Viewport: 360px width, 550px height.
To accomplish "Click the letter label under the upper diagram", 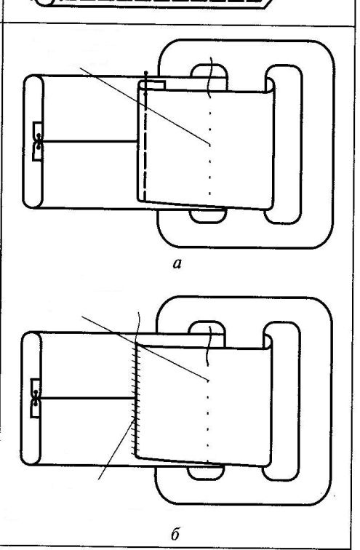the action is click(177, 263).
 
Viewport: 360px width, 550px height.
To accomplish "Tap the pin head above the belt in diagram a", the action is click(146, 73).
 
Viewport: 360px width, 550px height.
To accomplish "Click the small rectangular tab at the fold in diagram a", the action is click(152, 85).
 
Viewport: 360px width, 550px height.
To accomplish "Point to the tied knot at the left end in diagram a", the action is click(38, 141).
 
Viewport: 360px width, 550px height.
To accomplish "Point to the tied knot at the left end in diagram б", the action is click(36, 398).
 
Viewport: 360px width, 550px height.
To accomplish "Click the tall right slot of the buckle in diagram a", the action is click(284, 144).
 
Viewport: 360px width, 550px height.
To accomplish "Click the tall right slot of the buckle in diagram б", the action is click(281, 401).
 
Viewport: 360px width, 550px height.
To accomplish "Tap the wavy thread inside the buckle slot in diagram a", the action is click(210, 77).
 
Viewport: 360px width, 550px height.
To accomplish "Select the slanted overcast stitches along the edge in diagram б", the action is click(135, 400).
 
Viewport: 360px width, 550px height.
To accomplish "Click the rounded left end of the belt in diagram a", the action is click(33, 141).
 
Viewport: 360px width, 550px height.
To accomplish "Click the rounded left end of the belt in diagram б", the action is click(31, 399).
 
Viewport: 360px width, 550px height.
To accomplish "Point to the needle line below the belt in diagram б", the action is click(116, 448).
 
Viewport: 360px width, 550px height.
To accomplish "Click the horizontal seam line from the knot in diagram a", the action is click(89, 141).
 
